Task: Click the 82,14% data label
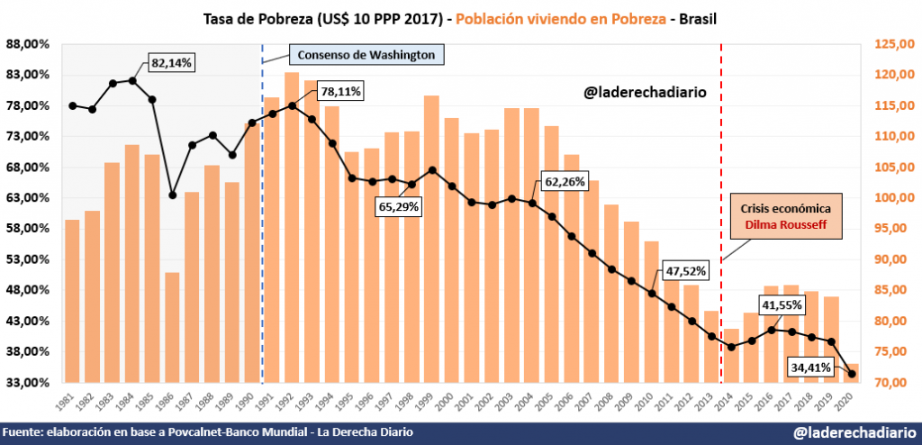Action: tap(173, 63)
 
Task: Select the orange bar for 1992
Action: tap(292, 225)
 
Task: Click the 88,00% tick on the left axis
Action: tap(28, 44)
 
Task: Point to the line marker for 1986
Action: tap(172, 195)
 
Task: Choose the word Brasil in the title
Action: tap(698, 18)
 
